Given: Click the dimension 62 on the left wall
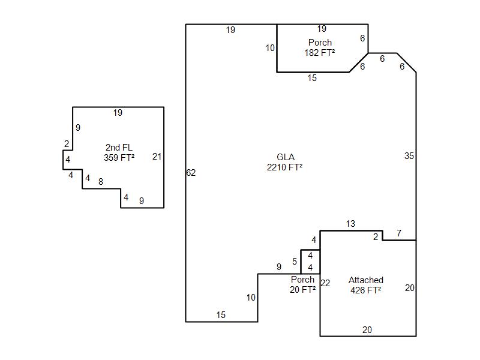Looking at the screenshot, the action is [191, 173].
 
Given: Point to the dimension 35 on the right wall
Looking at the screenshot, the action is [409, 156].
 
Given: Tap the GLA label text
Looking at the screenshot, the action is [286, 157].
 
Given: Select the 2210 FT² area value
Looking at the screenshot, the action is [284, 167].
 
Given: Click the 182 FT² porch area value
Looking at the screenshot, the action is [320, 53].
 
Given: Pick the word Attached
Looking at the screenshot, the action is [366, 280].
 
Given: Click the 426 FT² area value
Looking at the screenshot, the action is [366, 290].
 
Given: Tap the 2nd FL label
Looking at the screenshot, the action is [119, 147].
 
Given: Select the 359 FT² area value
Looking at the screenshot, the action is [119, 158].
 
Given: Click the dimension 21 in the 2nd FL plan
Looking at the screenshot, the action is [157, 157].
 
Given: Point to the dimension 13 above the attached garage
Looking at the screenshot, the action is [350, 224].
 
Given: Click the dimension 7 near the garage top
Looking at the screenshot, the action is [399, 233].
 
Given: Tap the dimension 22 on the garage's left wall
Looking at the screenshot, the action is [325, 283].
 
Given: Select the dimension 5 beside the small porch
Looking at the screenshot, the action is [295, 262].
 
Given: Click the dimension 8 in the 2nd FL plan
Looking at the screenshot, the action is [101, 182].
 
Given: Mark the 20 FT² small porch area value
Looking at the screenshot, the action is [303, 290].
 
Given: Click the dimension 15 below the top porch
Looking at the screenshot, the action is [312, 78].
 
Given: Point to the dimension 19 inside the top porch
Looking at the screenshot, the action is [322, 29].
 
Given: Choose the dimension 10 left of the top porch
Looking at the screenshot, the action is [270, 48].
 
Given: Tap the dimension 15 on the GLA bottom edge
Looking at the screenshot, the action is [221, 315].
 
